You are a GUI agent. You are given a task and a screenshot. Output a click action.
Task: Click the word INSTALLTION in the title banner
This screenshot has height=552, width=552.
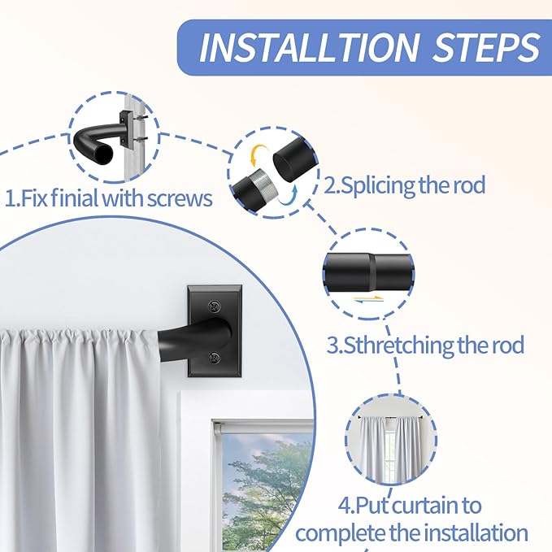click(x=309, y=47)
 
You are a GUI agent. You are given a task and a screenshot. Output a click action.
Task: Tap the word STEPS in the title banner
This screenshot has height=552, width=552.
click(x=487, y=47)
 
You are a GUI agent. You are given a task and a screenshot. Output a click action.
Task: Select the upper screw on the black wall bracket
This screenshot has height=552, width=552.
click(x=214, y=306)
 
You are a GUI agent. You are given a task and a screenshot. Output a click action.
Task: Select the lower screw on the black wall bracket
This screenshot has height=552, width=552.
click(x=214, y=358)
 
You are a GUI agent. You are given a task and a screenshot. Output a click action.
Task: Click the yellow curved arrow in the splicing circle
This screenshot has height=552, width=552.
click(x=256, y=154)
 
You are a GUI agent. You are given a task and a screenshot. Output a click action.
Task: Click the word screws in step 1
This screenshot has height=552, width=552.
click(x=180, y=199)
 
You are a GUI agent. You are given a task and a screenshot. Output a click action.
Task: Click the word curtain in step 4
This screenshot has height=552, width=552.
click(x=428, y=506)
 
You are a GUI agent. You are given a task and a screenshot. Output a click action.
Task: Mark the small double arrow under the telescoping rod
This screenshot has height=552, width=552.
click(x=368, y=299)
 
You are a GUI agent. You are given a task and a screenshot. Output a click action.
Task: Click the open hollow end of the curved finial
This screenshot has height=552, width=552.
click(x=103, y=153)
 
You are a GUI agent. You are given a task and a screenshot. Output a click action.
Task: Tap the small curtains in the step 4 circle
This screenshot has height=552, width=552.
click(x=390, y=448)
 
